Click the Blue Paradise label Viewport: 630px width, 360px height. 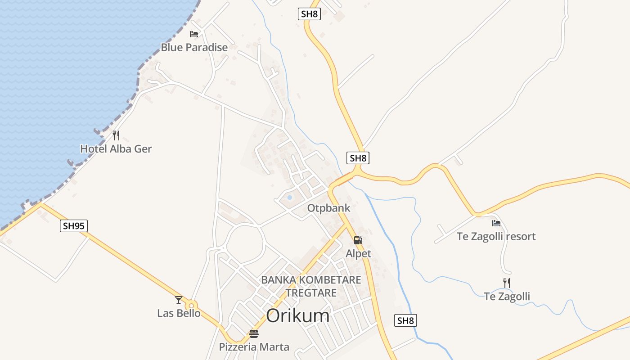click(x=194, y=47)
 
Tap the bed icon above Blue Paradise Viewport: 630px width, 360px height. click(x=194, y=34)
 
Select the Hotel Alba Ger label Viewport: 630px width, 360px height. click(x=116, y=148)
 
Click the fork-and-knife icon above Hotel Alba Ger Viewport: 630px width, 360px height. click(x=116, y=135)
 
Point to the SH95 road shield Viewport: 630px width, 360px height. click(x=74, y=225)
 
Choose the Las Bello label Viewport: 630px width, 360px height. click(x=179, y=313)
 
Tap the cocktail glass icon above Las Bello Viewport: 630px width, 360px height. click(x=179, y=300)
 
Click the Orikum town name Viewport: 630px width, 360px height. click(x=297, y=316)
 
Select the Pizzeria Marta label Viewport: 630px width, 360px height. click(x=254, y=346)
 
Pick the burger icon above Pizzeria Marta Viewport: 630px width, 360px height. click(x=254, y=334)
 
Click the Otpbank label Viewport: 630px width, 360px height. click(x=328, y=208)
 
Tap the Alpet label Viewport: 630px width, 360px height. click(x=358, y=253)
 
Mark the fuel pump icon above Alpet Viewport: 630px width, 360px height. click(x=358, y=240)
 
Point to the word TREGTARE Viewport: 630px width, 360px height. click(x=311, y=293)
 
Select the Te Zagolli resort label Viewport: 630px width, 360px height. click(x=496, y=236)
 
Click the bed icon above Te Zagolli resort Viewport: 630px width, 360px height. click(x=496, y=223)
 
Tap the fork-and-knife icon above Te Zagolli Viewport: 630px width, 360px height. click(x=507, y=283)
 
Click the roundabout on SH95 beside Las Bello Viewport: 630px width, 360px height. click(x=192, y=305)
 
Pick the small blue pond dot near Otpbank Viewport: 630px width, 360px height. click(x=289, y=198)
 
